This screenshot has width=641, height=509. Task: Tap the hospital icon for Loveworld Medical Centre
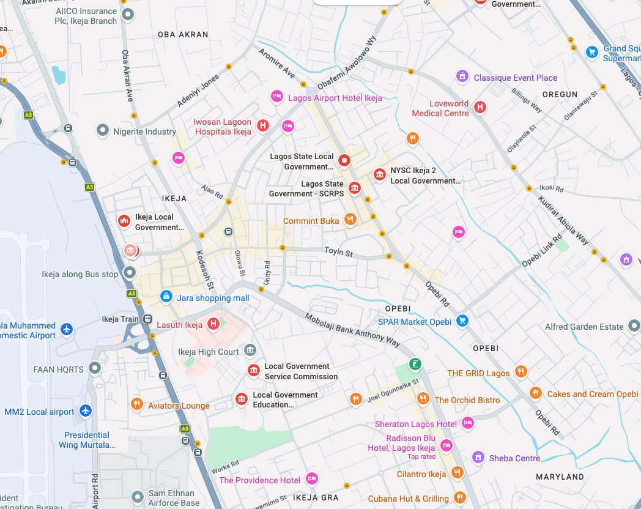[x=480, y=107]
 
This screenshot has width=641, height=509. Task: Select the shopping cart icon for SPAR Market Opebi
[x=462, y=320]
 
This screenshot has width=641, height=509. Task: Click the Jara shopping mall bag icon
[x=165, y=296]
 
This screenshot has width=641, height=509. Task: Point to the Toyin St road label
[x=338, y=252]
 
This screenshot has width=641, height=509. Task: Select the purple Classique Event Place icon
[x=462, y=76]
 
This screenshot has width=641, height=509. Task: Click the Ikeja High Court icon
[x=250, y=350]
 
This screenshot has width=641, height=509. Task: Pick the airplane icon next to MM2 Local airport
[x=86, y=411]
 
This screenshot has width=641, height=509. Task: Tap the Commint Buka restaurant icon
[x=350, y=219]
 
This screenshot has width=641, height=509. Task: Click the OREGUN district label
[x=560, y=94]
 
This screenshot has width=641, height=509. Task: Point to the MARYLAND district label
[x=560, y=477]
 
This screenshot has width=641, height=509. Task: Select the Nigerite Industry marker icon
[x=103, y=130]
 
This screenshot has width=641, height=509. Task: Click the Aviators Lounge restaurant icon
[x=137, y=404]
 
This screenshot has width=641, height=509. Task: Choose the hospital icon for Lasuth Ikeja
[x=213, y=324]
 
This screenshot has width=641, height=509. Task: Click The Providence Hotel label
[x=259, y=480]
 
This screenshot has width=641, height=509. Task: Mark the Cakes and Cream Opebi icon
[x=535, y=393]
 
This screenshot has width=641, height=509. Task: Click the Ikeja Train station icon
[x=147, y=319]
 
